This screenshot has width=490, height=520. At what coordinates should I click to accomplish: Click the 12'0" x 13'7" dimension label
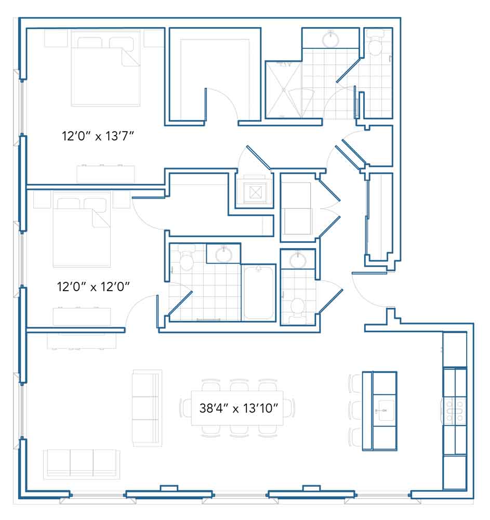[x=98, y=136]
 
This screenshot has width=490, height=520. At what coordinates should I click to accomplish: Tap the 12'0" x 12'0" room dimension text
[x=93, y=287]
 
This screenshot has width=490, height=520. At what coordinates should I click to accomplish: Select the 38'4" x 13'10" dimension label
[x=239, y=408]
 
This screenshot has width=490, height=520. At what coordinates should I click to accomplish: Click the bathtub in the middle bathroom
[x=258, y=293]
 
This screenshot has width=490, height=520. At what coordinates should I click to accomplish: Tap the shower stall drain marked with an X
[x=284, y=89]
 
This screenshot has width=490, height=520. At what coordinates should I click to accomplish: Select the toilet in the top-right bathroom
[x=376, y=43]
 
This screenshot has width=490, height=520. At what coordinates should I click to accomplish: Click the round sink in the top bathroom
[x=330, y=40]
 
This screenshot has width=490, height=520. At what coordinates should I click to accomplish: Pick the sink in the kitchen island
[x=385, y=411]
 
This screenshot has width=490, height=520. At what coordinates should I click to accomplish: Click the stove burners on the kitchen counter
[x=454, y=411]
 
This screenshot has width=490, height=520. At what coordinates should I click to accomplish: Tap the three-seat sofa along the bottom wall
[x=82, y=464]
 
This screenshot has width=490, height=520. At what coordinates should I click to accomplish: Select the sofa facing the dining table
[x=147, y=408]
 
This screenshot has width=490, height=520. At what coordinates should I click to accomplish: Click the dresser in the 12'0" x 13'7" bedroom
[x=105, y=174]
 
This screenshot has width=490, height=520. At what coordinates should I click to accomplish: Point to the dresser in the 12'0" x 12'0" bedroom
[x=82, y=317]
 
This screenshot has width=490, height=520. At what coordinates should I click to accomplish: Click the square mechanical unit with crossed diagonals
[x=255, y=192]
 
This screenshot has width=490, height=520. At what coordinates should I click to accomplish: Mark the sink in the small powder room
[x=298, y=259]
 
